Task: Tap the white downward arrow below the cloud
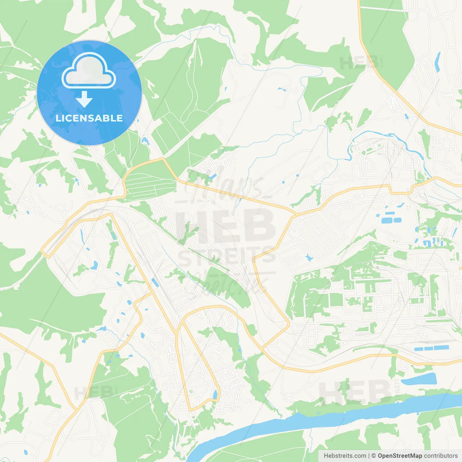[x=84, y=99]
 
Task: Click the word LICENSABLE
[x=89, y=118]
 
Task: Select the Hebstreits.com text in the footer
[x=345, y=456]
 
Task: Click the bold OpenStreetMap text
[x=400, y=456]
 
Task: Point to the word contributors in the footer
[x=441, y=456]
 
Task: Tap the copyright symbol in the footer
[x=374, y=456]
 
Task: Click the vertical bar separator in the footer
[x=369, y=456]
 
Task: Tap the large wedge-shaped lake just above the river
[x=419, y=379]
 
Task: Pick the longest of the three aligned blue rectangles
[x=441, y=348]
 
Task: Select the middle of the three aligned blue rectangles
[x=428, y=349]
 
